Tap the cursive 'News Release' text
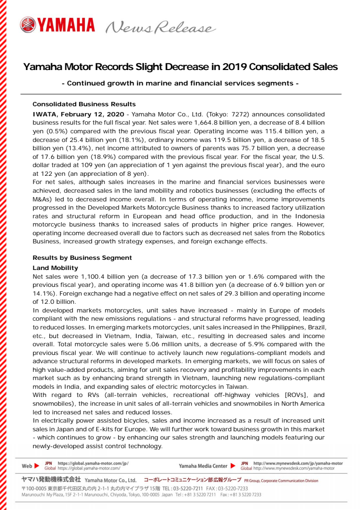pos(160,27)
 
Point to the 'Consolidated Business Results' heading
pos(84,104)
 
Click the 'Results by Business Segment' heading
pos(82,258)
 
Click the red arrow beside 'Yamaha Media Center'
pos(233,466)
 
